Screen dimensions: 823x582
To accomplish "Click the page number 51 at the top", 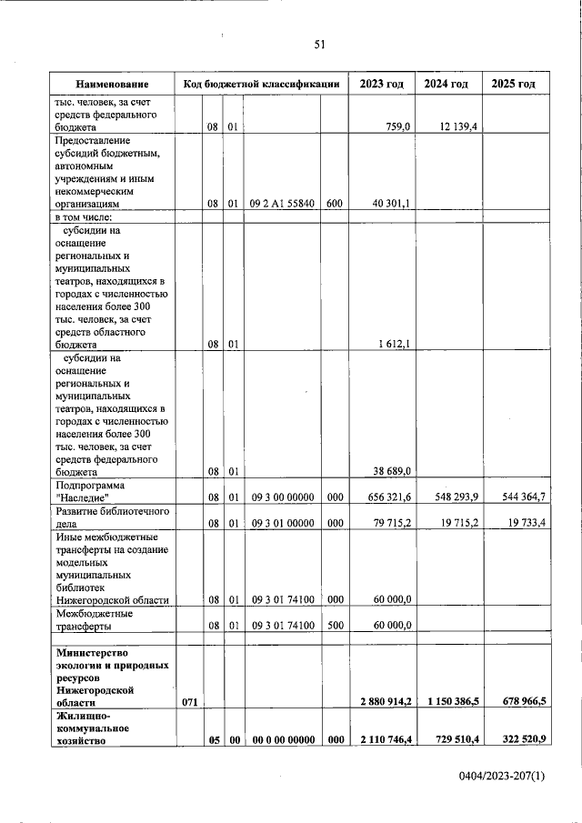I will click(319, 43).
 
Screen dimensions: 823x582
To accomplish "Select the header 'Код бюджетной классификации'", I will click(262, 84).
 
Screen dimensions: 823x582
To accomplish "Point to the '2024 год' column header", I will click(447, 84).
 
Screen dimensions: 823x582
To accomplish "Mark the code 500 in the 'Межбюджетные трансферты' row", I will click(334, 626).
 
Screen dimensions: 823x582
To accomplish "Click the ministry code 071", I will click(188, 702).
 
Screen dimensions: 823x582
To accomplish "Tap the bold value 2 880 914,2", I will click(383, 702).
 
